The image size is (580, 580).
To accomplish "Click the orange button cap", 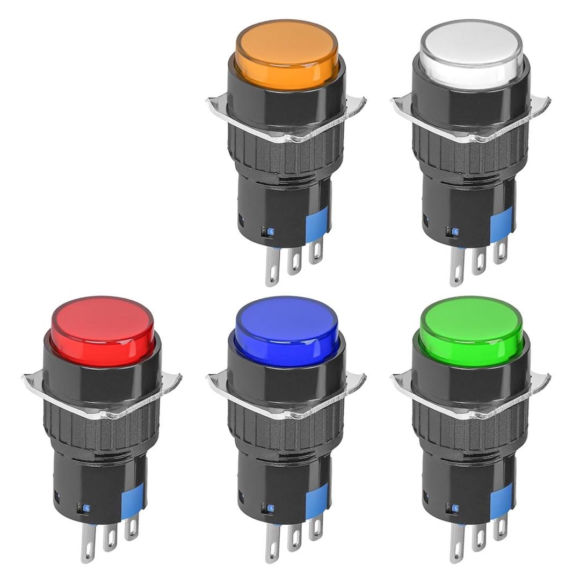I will click(x=287, y=54).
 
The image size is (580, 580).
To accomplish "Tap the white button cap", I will click(x=472, y=54).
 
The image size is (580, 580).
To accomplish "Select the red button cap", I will click(x=103, y=330).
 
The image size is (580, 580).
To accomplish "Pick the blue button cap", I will click(x=287, y=330).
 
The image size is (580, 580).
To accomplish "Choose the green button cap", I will click(x=472, y=330).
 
